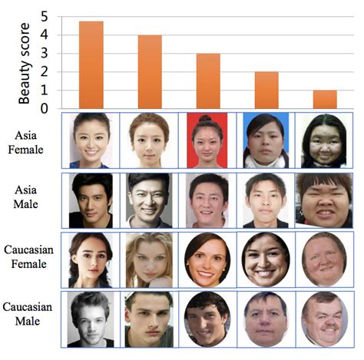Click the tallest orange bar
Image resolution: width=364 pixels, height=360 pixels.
[x=91, y=65]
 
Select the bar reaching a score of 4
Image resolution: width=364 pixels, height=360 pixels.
[x=150, y=72]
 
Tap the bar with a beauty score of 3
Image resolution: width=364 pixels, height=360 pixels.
[x=208, y=81]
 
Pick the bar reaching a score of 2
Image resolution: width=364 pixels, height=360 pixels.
[x=266, y=91]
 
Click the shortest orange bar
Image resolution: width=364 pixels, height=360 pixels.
[x=325, y=100]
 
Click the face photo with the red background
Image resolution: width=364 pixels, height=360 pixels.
[x=208, y=141]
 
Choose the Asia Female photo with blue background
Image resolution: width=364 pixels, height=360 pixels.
[x=266, y=141]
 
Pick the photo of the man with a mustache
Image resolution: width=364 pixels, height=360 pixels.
[x=324, y=318]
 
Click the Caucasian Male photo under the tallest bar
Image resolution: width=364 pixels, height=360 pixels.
[x=91, y=318]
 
